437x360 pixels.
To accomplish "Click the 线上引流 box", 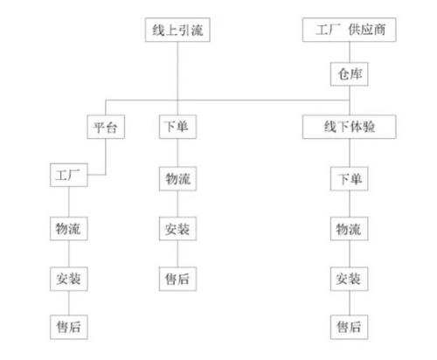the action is (x=177, y=30).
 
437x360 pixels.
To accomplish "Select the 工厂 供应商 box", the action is (x=350, y=30).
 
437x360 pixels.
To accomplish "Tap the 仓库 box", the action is (x=350, y=74).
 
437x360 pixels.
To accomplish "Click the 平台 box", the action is (x=106, y=127).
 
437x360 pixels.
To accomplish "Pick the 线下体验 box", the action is (x=350, y=127).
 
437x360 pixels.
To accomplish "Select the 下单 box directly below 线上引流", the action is (x=177, y=127).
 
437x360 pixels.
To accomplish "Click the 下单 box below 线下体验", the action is (x=350, y=179).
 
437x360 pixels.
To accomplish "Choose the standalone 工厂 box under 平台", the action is (x=69, y=175).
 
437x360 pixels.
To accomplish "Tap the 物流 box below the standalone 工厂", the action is (x=69, y=229).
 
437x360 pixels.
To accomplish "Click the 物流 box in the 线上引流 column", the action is (x=177, y=179).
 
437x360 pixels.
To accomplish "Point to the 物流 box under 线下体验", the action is (x=350, y=229).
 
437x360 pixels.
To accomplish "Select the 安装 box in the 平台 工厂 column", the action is (x=69, y=279).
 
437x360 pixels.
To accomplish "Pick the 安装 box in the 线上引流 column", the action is (x=177, y=229).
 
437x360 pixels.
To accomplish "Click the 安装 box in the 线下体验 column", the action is (x=350, y=279).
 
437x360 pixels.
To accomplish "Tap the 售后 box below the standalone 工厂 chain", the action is (x=69, y=327).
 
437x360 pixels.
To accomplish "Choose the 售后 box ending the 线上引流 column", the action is (x=177, y=279).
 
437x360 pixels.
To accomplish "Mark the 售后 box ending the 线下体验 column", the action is (x=350, y=327).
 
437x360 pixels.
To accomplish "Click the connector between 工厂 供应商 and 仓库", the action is (x=350, y=52).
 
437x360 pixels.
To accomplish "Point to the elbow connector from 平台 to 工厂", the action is (x=106, y=157).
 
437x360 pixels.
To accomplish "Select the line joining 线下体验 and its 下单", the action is (x=350, y=153).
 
